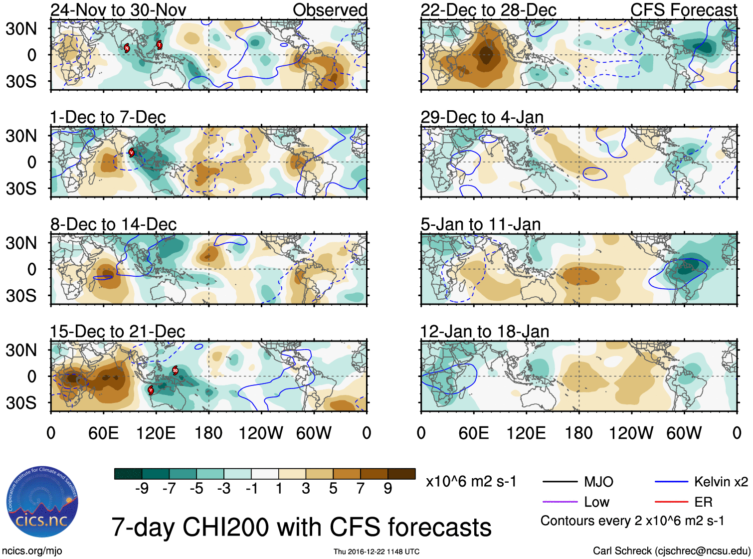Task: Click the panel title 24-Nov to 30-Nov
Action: (x=118, y=10)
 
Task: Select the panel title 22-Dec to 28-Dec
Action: (x=488, y=10)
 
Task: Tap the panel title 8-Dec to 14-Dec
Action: (x=113, y=224)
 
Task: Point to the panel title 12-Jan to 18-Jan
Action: (x=485, y=332)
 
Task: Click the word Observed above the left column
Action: (x=330, y=10)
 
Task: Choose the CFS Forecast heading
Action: (x=683, y=10)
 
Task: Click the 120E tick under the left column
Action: (x=156, y=433)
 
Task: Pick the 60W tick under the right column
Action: (x=684, y=433)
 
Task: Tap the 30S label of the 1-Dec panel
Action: (x=21, y=188)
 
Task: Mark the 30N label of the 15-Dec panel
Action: (x=21, y=350)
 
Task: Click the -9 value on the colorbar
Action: (x=142, y=489)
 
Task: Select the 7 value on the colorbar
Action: (x=361, y=489)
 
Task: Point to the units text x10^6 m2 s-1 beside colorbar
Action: (x=471, y=482)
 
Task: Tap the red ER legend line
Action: (x=671, y=502)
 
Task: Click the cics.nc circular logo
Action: (x=42, y=503)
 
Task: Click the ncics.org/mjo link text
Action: (x=32, y=551)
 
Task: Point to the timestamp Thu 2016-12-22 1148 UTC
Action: (x=376, y=552)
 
